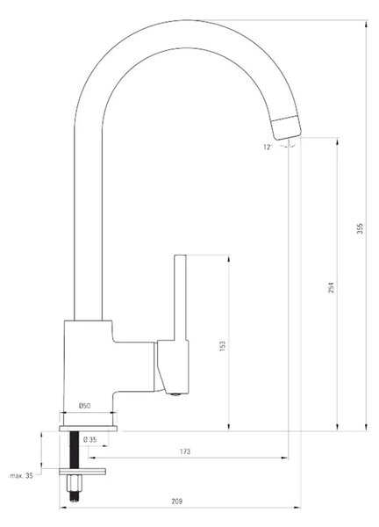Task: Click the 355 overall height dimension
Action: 360,228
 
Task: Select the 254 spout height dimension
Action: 331,287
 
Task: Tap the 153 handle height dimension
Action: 222,346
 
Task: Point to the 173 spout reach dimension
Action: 185,451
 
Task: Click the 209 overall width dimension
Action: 177,502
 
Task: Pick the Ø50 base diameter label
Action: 84,406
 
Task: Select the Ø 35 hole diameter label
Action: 89,440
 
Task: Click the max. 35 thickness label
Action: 21,475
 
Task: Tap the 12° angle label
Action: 268,148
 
